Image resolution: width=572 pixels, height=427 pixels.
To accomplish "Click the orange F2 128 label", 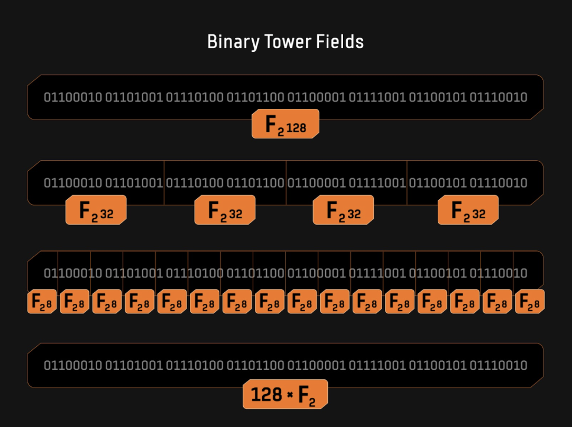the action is tap(285, 124).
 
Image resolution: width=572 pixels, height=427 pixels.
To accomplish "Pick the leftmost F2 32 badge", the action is tap(96, 210).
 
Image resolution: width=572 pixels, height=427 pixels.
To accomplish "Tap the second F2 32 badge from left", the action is tap(225, 210).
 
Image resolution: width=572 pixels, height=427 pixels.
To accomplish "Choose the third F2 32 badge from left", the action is tap(343, 210).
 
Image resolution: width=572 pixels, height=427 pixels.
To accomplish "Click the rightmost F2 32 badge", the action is tap(468, 210).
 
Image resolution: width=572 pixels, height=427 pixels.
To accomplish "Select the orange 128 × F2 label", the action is tap(285, 394).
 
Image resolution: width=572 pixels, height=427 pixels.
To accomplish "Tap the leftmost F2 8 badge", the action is tap(42, 302).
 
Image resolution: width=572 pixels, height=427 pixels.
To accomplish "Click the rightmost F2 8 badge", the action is tap(530, 302).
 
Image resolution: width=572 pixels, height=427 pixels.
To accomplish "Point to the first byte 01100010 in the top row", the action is tap(73, 97).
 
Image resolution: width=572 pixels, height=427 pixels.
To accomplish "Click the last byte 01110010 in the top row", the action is tap(499, 97).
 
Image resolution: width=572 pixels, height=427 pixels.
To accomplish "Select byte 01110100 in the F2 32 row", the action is tap(195, 183).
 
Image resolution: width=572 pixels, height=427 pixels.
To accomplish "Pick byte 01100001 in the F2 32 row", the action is tap(316, 183).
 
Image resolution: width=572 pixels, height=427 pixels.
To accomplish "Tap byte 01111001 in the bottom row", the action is tap(377, 365).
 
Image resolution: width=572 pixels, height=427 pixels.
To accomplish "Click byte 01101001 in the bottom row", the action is tap(134, 365).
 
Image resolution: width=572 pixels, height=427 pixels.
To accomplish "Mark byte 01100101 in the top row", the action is tap(438, 97).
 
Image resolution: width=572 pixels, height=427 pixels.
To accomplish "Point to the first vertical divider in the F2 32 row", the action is tap(164, 183).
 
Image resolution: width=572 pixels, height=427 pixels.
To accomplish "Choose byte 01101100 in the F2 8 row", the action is tap(255, 273).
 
